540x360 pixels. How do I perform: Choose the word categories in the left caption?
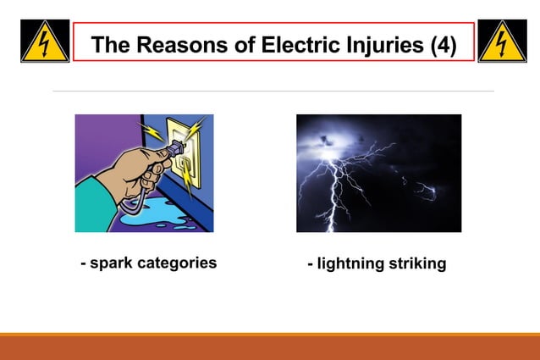pyautogui.click(x=179, y=263)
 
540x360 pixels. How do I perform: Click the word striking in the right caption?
pyautogui.click(x=417, y=264)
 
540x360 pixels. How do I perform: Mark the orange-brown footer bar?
pyautogui.click(x=270, y=347)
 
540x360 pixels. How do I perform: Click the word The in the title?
pyautogui.click(x=107, y=45)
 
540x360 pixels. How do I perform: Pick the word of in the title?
pyautogui.click(x=241, y=45)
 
